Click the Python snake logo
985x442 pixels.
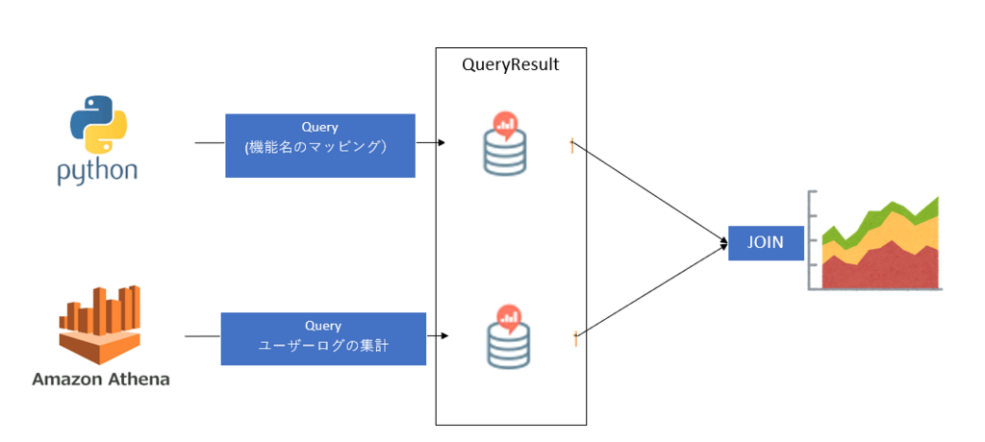click(x=96, y=125)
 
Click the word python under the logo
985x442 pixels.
click(x=96, y=172)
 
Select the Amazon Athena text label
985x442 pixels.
click(x=100, y=379)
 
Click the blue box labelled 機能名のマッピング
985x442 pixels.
click(x=319, y=145)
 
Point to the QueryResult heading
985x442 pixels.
click(x=510, y=65)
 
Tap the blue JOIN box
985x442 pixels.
click(x=766, y=243)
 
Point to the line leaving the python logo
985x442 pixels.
click(x=209, y=142)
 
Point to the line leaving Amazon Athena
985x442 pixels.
click(x=202, y=336)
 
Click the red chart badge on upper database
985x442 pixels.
click(x=507, y=124)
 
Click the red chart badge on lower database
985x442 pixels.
click(x=507, y=316)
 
